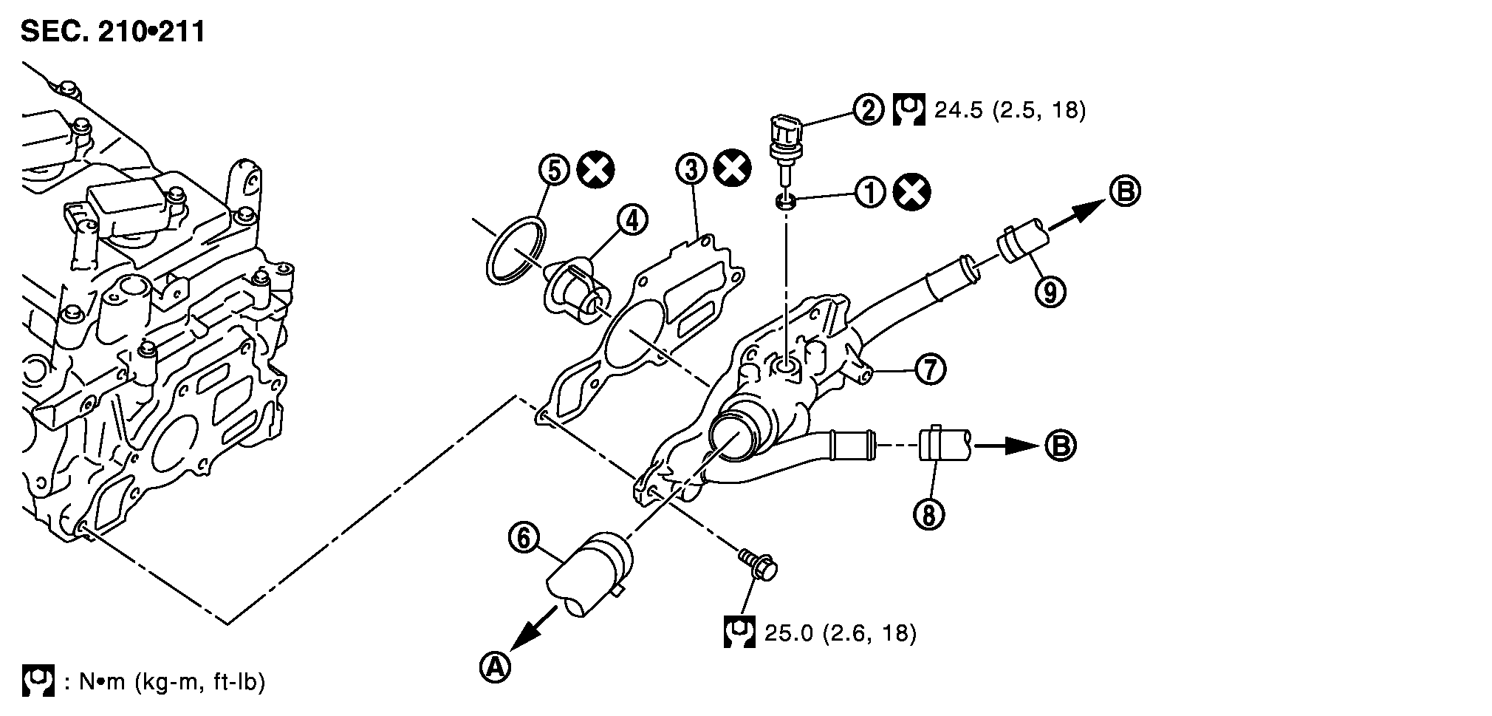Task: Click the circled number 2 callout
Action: (x=869, y=110)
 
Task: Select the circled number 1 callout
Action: (x=869, y=194)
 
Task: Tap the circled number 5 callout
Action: (x=554, y=170)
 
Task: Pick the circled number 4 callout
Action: (x=633, y=220)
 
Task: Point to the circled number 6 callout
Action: (x=523, y=539)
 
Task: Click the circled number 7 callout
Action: (x=929, y=369)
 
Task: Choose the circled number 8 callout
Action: (x=929, y=515)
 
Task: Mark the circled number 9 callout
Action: (x=1050, y=292)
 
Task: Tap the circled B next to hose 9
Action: (x=1124, y=192)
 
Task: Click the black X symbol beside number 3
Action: (x=733, y=169)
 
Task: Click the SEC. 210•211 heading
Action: (x=112, y=32)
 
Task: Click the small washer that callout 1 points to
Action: (x=787, y=201)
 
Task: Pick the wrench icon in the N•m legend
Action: (x=38, y=681)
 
